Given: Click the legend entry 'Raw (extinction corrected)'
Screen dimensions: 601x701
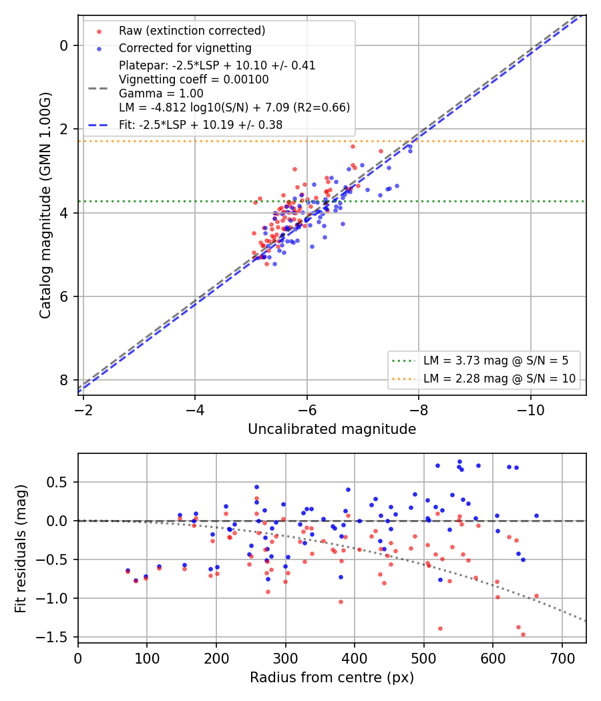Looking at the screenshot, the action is (x=192, y=31).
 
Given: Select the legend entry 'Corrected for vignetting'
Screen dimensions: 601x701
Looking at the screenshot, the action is (x=185, y=48).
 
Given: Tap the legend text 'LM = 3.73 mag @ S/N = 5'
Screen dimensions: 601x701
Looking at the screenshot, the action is (x=496, y=361).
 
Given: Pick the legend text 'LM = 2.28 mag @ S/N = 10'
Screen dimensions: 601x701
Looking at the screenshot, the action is (x=499, y=379).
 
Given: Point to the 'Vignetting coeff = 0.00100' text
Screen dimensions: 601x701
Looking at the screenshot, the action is (x=194, y=79).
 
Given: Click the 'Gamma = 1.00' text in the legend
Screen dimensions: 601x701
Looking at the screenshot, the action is (x=161, y=93).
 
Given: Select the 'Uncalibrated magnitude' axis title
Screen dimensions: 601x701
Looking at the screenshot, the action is (x=332, y=429).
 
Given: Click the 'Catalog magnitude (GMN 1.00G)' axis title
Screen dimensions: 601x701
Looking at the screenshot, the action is (x=45, y=205).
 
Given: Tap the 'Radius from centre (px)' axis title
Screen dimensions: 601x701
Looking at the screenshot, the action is (x=332, y=678).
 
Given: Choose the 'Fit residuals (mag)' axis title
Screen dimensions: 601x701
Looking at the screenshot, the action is (x=21, y=549).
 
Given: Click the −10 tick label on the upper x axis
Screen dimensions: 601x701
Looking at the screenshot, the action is (x=531, y=410).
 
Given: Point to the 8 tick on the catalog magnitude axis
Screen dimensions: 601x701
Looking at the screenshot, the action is (x=64, y=380).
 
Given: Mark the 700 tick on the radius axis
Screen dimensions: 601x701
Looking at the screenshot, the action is (x=562, y=658).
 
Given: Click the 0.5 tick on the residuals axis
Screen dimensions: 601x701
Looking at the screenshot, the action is (x=59, y=483).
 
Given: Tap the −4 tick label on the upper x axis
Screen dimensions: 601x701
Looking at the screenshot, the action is (x=195, y=410).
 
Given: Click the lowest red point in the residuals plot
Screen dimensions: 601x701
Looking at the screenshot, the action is (x=523, y=634).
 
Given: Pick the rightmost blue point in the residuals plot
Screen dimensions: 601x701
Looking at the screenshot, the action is (x=537, y=516).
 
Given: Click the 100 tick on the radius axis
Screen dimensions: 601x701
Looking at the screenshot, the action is (x=147, y=658).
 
